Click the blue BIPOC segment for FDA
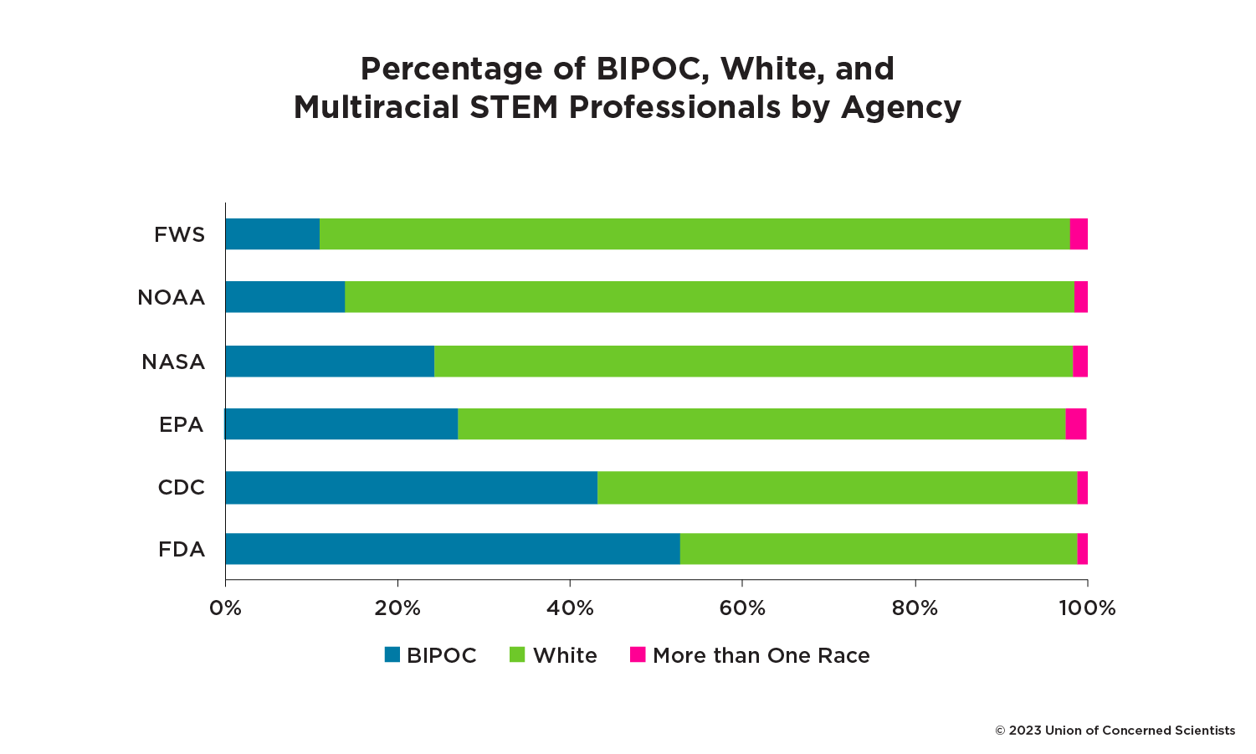452,549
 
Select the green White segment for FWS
695,234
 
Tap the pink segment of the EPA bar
1075,424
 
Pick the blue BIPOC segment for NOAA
285,297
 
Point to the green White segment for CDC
837,487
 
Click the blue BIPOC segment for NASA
330,362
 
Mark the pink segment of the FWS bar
1079,234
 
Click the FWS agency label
179,235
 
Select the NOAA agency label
171,298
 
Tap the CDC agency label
181,488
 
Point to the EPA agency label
181,425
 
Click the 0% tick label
225,608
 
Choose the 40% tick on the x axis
570,608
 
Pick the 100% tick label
1087,608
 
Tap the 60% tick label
742,608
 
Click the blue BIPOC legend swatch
392,654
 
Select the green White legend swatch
517,654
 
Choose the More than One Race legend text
761,655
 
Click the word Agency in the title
900,107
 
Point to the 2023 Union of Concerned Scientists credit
1115,731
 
